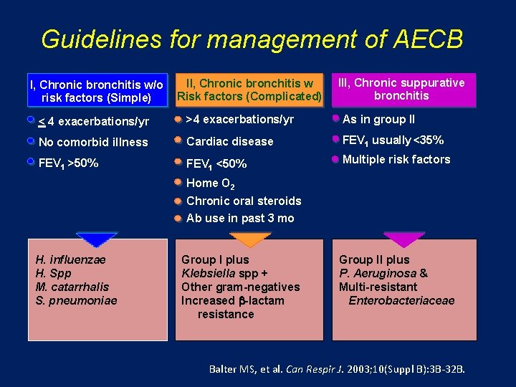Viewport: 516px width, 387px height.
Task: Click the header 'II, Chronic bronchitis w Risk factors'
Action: pos(249,90)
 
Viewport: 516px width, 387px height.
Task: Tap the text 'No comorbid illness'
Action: pos(93,142)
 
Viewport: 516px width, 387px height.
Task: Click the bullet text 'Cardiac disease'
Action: pos(229,141)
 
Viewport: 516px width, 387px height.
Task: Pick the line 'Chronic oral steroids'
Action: pos(244,201)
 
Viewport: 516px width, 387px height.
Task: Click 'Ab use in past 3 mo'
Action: pos(240,218)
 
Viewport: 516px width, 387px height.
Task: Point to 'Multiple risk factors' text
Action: pos(396,159)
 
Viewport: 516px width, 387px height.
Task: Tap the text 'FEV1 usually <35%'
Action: pos(393,140)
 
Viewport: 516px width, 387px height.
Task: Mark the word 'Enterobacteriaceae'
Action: pos(401,300)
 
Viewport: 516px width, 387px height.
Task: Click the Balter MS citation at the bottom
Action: pos(337,369)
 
